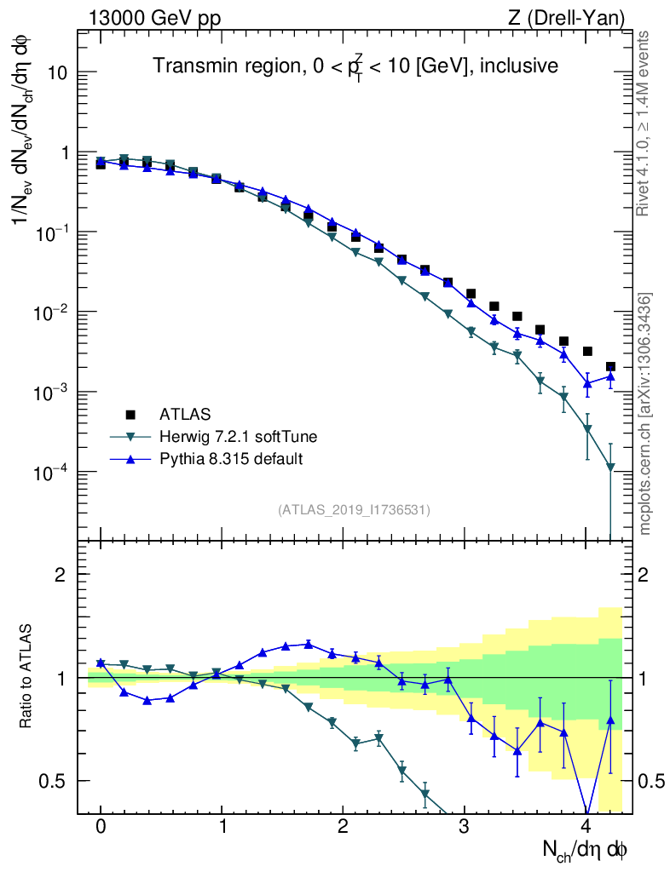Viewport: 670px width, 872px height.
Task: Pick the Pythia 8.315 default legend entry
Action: click(x=231, y=459)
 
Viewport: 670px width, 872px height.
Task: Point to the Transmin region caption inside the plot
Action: click(x=355, y=66)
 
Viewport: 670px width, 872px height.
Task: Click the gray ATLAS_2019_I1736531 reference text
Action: click(x=354, y=510)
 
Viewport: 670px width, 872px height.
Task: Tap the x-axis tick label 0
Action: click(x=101, y=826)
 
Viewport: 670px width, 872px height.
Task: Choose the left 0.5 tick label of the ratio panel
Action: click(x=56, y=781)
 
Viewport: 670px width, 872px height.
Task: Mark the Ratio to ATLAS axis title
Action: click(x=26, y=676)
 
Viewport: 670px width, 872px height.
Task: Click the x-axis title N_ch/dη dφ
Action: click(x=586, y=850)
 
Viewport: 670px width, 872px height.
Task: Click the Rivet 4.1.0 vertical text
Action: click(x=646, y=123)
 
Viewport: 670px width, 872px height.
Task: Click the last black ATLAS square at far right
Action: click(x=610, y=366)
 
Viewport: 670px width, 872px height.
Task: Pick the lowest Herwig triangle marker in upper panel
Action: click(x=610, y=468)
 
